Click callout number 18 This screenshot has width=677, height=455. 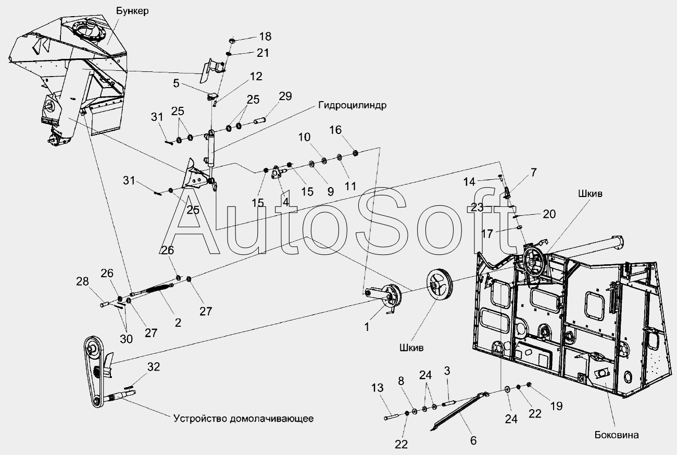265,36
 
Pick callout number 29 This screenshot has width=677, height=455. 285,96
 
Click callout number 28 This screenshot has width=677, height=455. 82,282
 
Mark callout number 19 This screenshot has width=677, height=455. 556,406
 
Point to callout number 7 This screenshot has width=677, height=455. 519,171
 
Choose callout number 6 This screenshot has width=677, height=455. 473,440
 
